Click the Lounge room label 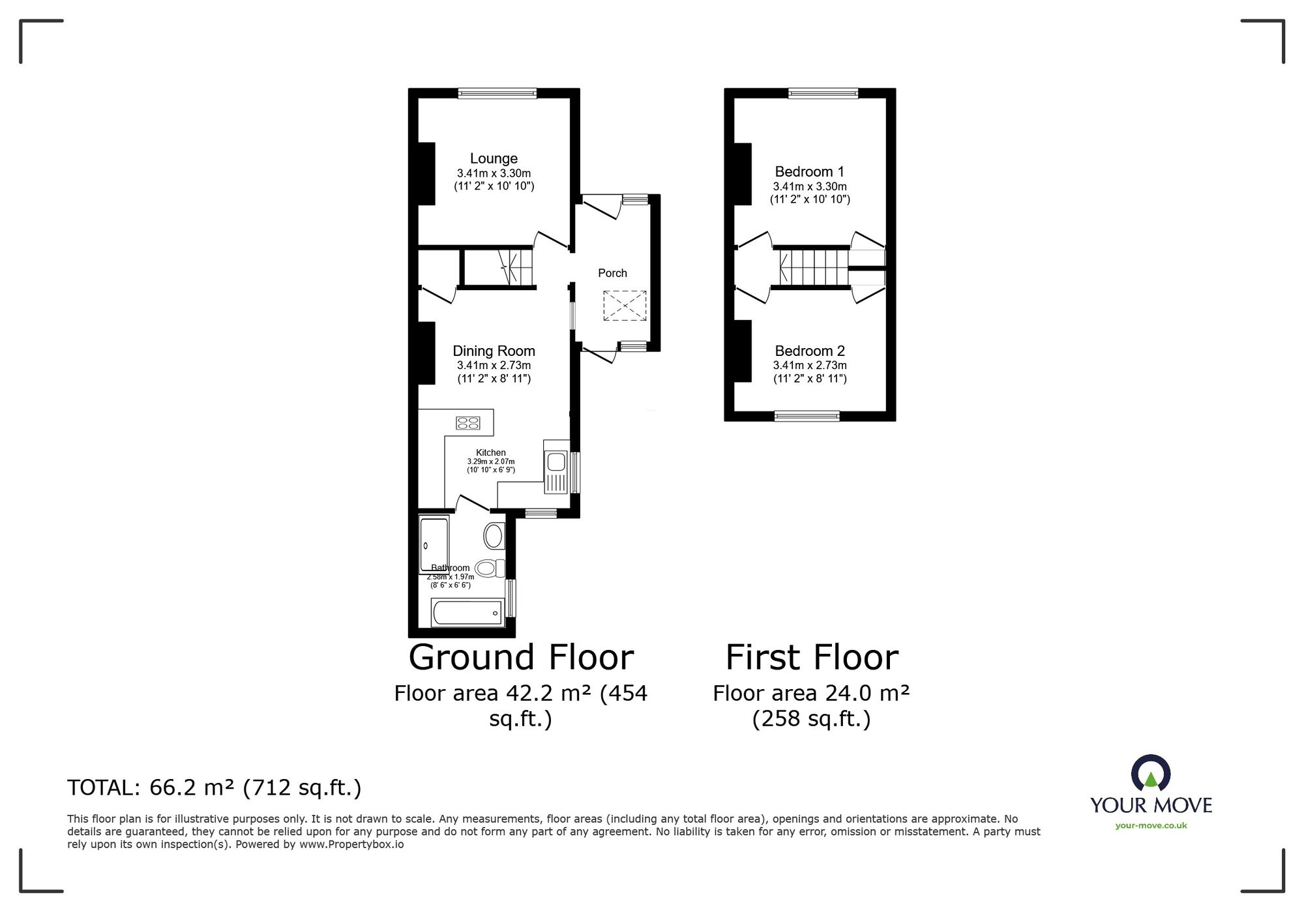[494, 158]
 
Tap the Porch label [612, 273]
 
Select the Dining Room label [494, 351]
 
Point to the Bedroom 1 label [809, 172]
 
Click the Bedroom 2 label [810, 351]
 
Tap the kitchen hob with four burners [468, 423]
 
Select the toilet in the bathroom [491, 568]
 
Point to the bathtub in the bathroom [467, 613]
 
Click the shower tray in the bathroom [434, 545]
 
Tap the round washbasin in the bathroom [494, 537]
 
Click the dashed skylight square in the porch [625, 306]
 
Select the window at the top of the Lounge [497, 94]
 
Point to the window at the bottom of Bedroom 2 [807, 416]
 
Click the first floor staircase [813, 267]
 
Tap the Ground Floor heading [521, 657]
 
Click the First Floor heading [812, 657]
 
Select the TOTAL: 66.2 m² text [215, 788]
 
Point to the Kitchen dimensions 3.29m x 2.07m [490, 462]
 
